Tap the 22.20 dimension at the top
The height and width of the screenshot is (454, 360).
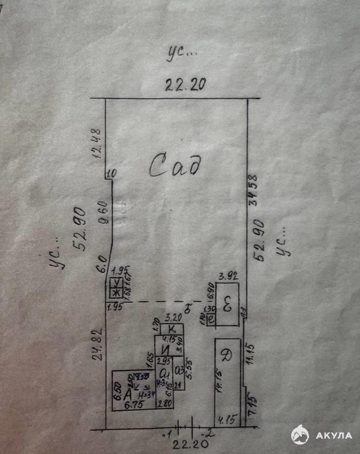(x=185, y=85)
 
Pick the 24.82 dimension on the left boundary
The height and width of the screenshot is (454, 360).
(x=100, y=345)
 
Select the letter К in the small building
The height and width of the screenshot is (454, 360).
(x=172, y=329)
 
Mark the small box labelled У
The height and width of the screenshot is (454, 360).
(x=117, y=283)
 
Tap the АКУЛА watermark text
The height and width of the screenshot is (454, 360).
(x=333, y=436)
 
